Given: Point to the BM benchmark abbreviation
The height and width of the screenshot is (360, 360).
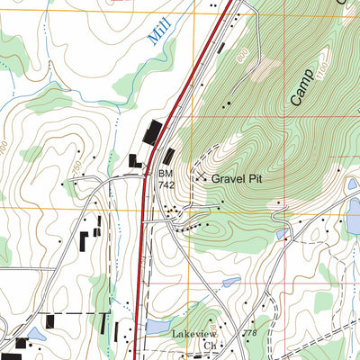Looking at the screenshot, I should [x=165, y=171].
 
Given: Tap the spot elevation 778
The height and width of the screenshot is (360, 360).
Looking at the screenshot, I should [x=260, y=331].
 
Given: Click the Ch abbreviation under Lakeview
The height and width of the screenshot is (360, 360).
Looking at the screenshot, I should [x=210, y=345].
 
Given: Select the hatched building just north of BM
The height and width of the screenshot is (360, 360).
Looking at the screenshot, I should [x=169, y=155].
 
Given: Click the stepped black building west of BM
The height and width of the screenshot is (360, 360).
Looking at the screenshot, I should [x=135, y=162].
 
